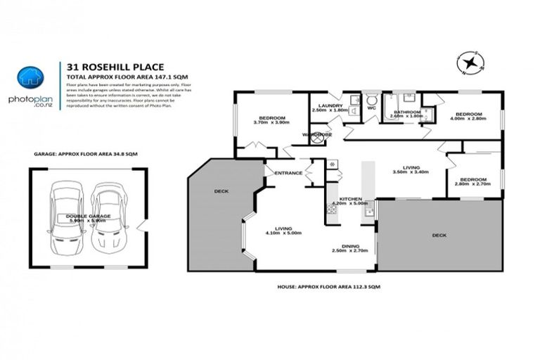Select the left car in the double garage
pyautogui.click(x=63, y=217)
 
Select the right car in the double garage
pyautogui.click(x=106, y=217)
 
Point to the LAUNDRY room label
pyautogui.click(x=330, y=106)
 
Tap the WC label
pyautogui.click(x=370, y=108)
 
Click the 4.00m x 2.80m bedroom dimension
pyautogui.click(x=468, y=120)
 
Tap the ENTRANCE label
pyautogui.click(x=288, y=172)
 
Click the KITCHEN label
pyautogui.click(x=350, y=199)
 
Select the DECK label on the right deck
pyautogui.click(x=439, y=235)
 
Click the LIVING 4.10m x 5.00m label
pyautogui.click(x=283, y=230)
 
